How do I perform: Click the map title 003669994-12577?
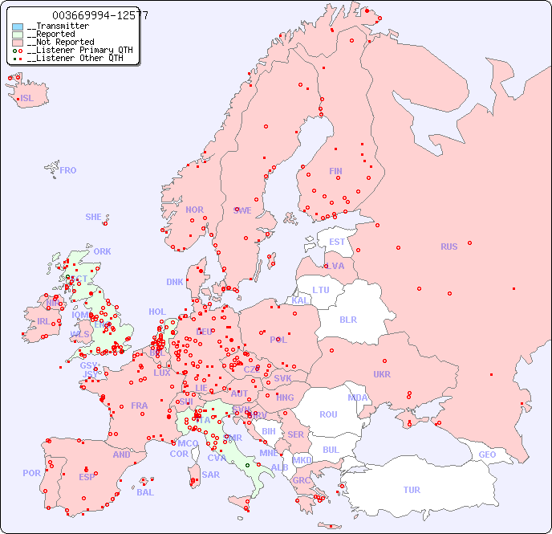click(99, 15)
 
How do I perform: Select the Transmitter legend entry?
click(57, 26)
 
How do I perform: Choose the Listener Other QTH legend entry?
click(73, 58)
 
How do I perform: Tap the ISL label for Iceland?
click(27, 99)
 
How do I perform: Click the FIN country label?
click(335, 171)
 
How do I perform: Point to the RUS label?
click(448, 247)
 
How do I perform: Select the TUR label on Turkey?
click(412, 490)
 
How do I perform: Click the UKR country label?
click(382, 374)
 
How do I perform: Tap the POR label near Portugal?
click(31, 473)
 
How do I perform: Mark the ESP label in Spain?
click(87, 476)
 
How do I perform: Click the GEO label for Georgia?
click(487, 455)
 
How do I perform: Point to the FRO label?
click(68, 170)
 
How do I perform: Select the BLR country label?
click(347, 319)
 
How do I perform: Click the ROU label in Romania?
click(328, 414)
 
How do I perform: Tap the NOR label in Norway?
click(194, 210)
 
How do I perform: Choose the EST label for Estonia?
click(337, 242)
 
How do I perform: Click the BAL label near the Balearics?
click(145, 492)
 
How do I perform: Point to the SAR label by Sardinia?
click(210, 475)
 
